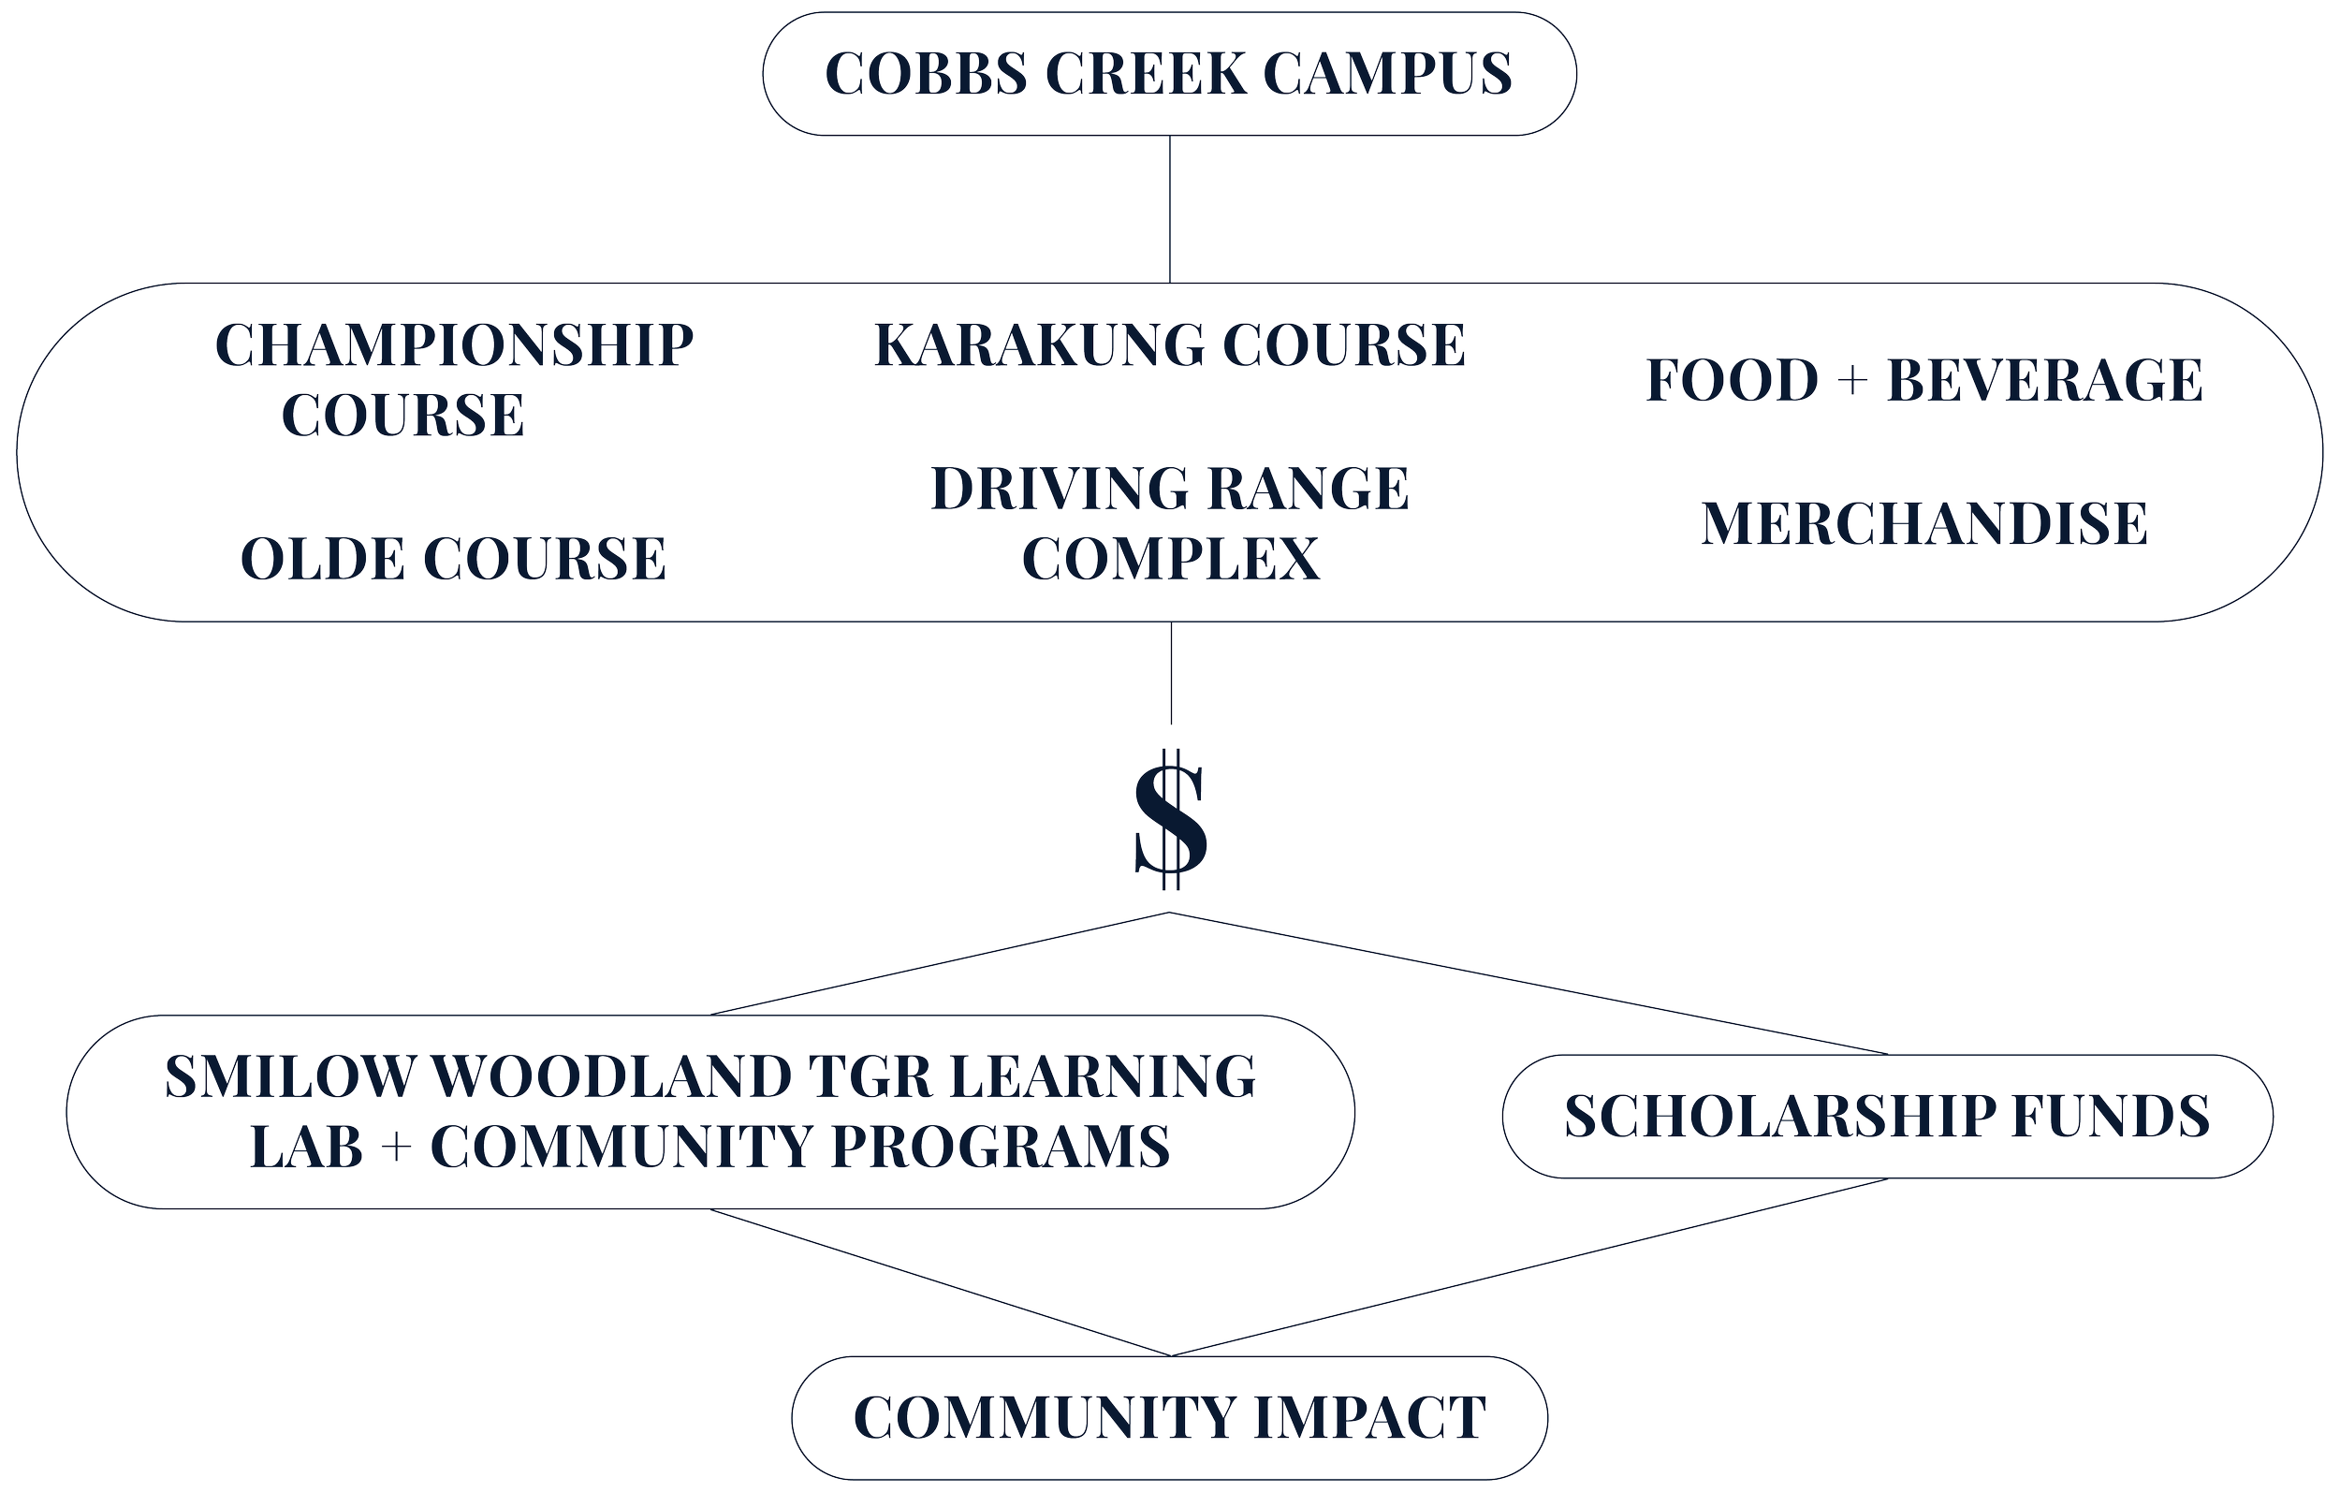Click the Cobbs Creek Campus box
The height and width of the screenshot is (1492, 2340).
tap(1169, 74)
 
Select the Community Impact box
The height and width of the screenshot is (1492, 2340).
tap(1169, 1417)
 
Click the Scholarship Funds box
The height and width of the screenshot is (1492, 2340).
tap(1887, 1116)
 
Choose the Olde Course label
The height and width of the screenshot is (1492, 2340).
tap(453, 558)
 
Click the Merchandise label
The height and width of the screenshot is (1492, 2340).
tap(1924, 525)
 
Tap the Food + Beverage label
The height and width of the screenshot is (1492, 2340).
tap(1924, 379)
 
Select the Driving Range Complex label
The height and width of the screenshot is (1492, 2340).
tap(1169, 523)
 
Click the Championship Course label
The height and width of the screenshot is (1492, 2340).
tap(453, 379)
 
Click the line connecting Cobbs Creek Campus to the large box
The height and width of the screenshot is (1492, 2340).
tap(1169, 209)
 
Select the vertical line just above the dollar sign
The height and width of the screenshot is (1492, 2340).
tap(1169, 675)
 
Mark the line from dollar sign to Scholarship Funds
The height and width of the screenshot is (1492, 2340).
tap(1526, 982)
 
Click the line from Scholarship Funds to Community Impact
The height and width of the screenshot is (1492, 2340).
tap(1526, 1267)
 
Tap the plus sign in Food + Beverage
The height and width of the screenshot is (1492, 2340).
tap(1852, 381)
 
